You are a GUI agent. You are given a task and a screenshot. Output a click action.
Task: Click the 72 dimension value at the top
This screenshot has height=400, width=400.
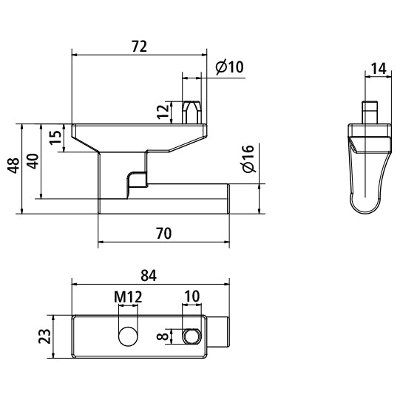pyautogui.click(x=139, y=46)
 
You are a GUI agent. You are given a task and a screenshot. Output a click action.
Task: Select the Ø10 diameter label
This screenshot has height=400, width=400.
pyautogui.click(x=229, y=67)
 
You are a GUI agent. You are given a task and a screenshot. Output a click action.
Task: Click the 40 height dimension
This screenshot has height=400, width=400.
pyautogui.click(x=32, y=160)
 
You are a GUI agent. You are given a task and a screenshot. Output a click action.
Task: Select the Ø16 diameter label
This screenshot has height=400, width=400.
pyautogui.click(x=248, y=160)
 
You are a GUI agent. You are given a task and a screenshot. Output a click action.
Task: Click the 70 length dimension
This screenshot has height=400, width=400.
pyautogui.click(x=163, y=234)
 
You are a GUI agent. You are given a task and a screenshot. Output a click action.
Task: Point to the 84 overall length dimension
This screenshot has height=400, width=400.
pyautogui.click(x=149, y=275)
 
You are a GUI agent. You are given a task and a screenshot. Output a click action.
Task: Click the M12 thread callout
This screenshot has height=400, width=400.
pyautogui.click(x=128, y=297)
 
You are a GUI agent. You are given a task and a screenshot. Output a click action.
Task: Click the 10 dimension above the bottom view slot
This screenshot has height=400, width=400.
pyautogui.click(x=191, y=297)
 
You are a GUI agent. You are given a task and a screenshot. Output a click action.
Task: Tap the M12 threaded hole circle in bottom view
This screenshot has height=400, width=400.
pyautogui.click(x=128, y=336)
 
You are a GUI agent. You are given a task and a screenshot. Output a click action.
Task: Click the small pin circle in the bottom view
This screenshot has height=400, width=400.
pyautogui.click(x=192, y=336)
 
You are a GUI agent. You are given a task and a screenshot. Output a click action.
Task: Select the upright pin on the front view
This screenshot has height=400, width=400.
pyautogui.click(x=191, y=109)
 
